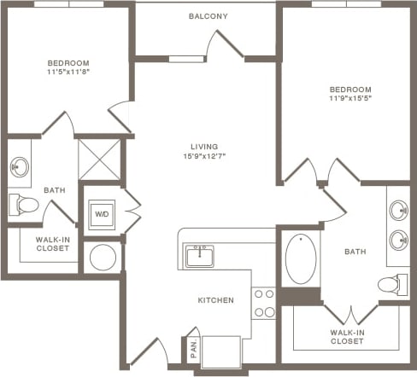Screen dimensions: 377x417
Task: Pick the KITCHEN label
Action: pos(216,300)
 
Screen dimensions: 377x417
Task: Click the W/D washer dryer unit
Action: pos(102,215)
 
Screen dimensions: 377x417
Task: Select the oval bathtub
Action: pos(300,258)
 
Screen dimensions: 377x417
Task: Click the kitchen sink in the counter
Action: pos(200,254)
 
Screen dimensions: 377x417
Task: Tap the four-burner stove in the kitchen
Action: pos(263,303)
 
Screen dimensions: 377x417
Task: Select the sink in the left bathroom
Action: pos(20,165)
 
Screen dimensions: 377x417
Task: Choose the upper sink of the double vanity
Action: pos(399,209)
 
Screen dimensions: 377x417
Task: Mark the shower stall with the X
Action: pos(99,159)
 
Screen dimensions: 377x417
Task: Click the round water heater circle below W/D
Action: pos(103,257)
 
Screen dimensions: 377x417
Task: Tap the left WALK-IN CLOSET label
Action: pos(52,244)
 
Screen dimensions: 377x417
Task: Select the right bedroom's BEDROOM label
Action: pos(351,90)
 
